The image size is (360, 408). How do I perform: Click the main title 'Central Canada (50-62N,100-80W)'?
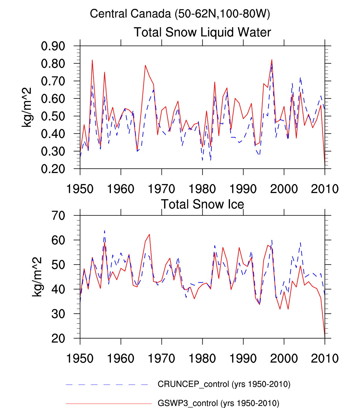[180, 14]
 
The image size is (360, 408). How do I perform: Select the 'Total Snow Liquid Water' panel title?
[202, 32]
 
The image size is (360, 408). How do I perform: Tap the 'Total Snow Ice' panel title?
[202, 204]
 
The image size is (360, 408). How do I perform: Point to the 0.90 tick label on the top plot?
[53, 46]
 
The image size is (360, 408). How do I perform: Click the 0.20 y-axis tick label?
[53, 169]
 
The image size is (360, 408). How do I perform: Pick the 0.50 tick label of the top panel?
[53, 116]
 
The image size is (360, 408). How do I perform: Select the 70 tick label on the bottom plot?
[58, 216]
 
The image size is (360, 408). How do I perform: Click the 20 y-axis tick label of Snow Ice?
[58, 339]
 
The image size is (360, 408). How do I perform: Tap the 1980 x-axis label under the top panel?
[202, 189]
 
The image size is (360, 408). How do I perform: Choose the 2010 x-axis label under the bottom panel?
[325, 359]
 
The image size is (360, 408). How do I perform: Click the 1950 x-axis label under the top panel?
[80, 189]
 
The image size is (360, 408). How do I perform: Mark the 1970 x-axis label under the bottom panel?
[161, 359]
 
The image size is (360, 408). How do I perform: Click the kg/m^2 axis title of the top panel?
[26, 107]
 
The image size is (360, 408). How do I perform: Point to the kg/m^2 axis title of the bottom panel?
[37, 277]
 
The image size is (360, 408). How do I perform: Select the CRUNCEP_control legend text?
[224, 384]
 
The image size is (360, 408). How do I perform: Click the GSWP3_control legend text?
[218, 403]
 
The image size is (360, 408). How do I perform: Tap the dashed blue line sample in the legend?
[107, 384]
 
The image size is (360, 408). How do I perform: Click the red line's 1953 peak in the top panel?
[92, 60]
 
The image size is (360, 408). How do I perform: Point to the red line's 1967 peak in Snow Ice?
[149, 234]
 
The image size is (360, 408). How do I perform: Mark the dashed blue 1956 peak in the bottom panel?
[104, 231]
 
